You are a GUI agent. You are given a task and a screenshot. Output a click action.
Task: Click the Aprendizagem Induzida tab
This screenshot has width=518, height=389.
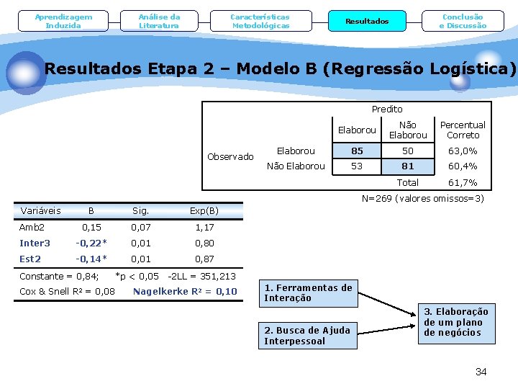point(63,21)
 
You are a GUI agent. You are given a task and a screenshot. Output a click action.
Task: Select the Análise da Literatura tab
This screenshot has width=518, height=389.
point(160,21)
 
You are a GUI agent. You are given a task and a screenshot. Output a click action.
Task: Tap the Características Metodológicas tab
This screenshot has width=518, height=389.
point(260,21)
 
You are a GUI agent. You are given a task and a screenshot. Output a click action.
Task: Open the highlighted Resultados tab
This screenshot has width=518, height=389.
point(367,21)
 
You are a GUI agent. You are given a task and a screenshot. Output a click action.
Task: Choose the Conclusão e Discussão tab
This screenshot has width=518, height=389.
point(463,21)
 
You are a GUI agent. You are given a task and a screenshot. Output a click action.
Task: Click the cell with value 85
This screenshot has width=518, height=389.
point(357,151)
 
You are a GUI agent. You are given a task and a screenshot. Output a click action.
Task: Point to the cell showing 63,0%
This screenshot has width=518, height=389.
point(463,151)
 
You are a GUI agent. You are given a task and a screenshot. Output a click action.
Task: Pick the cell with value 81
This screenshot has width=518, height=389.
point(408,166)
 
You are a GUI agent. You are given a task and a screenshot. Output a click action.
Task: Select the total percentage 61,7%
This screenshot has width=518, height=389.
point(463,183)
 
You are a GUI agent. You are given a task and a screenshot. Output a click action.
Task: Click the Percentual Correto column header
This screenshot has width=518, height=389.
point(463,130)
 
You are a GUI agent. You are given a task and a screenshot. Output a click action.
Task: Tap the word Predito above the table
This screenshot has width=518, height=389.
point(387,109)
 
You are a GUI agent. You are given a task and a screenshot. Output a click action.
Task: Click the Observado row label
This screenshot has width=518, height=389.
point(230,157)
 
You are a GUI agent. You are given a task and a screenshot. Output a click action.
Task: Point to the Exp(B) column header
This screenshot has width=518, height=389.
point(204,211)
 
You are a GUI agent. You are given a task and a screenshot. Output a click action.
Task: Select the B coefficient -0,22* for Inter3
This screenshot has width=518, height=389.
point(93,243)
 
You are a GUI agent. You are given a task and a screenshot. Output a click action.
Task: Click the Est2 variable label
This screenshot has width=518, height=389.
point(30,259)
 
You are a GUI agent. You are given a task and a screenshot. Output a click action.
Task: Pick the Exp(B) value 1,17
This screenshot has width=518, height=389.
point(204,227)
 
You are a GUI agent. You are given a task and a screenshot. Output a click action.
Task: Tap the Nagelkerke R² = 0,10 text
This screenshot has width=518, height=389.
point(185,292)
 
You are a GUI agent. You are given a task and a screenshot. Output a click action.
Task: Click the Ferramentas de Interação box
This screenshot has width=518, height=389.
point(308,292)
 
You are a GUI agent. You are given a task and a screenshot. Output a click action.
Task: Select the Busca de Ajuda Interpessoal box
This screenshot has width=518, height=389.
point(308,336)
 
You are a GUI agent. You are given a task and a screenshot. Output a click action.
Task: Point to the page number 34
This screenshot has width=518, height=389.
point(481,372)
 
